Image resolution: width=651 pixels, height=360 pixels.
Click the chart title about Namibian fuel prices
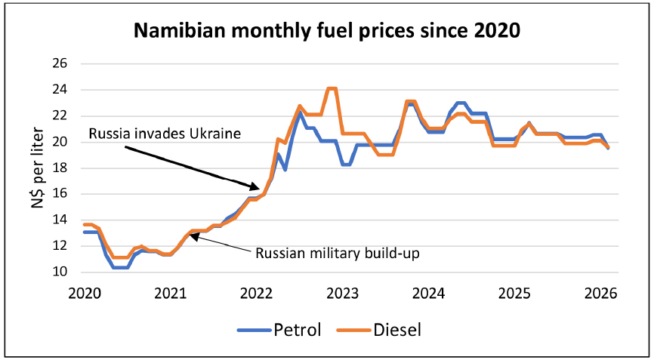coord(326,31)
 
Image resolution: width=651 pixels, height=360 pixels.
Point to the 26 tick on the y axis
coord(59,64)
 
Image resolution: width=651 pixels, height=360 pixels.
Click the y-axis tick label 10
coord(59,272)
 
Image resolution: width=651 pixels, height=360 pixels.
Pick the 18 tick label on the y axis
coord(59,168)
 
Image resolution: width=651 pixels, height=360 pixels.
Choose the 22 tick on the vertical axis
coord(59,115)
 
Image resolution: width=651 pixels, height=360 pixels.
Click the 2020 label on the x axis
coord(84,292)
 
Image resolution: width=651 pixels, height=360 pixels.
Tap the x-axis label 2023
coord(342,292)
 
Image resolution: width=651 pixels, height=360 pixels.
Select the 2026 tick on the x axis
coord(601,292)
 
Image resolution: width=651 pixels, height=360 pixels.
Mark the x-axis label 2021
coord(170,292)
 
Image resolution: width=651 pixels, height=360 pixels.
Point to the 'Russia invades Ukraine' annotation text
coord(164,134)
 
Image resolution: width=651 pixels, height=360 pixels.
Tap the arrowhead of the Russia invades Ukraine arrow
coord(259,186)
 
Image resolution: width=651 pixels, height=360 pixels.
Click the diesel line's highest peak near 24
coord(331,89)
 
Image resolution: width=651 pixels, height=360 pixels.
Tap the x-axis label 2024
coord(428,292)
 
